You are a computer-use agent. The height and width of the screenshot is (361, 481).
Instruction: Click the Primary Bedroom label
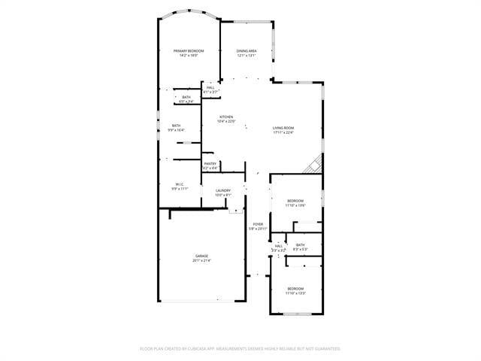click(188, 50)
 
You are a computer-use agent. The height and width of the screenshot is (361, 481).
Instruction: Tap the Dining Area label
click(247, 50)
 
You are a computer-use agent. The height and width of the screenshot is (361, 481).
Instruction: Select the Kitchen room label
click(226, 117)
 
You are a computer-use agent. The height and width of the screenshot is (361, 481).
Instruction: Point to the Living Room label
click(283, 128)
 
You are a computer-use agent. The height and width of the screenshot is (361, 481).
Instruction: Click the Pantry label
click(210, 163)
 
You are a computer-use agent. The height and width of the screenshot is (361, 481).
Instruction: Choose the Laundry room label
click(223, 190)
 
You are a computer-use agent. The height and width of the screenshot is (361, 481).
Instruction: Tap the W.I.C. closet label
click(180, 184)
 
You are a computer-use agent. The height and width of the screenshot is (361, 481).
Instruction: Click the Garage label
click(201, 256)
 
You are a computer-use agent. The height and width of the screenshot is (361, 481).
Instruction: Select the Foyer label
click(258, 224)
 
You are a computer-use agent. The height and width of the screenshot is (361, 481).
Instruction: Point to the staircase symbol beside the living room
click(313, 164)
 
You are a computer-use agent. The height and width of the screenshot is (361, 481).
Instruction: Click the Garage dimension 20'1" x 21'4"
click(201, 261)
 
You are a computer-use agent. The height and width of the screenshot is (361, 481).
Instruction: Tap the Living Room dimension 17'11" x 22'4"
click(283, 132)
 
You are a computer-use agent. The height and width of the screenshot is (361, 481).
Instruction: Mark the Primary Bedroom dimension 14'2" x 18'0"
click(188, 55)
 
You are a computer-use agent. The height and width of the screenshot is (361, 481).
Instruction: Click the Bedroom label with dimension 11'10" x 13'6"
click(295, 200)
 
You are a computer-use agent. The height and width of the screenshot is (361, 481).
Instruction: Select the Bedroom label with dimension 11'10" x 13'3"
click(295, 289)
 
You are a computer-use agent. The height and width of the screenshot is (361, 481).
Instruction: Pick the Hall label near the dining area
click(210, 87)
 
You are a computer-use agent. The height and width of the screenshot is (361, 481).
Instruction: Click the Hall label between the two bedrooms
click(278, 246)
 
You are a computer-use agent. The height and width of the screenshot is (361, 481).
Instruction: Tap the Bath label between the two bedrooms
click(300, 245)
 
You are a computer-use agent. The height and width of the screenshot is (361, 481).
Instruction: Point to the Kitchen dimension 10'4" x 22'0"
click(226, 121)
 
